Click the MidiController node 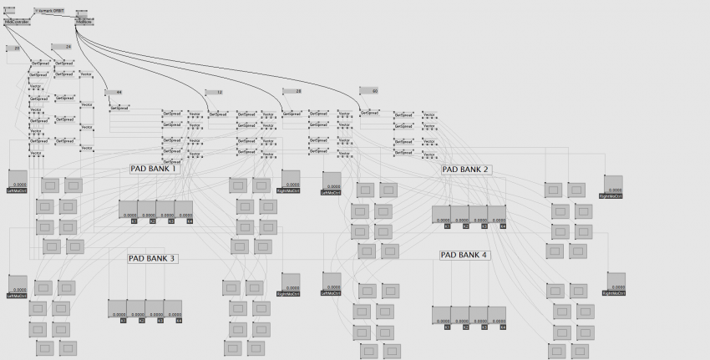pos(17,22)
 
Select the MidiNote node pos(84,22)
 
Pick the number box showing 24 pos(63,47)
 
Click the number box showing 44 pos(114,92)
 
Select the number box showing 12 pos(214,92)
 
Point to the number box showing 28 pos(292,91)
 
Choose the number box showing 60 pos(368,90)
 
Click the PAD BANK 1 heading pos(155,169)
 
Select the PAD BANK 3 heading pos(152,259)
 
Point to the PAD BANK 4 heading pos(464,255)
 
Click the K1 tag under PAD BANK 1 pos(134,221)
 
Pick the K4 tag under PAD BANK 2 pos(502,226)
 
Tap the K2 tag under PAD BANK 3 pos(141,320)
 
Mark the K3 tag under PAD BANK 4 pos(484,327)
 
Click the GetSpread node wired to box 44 pos(120,108)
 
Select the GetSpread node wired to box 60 pos(370,113)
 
